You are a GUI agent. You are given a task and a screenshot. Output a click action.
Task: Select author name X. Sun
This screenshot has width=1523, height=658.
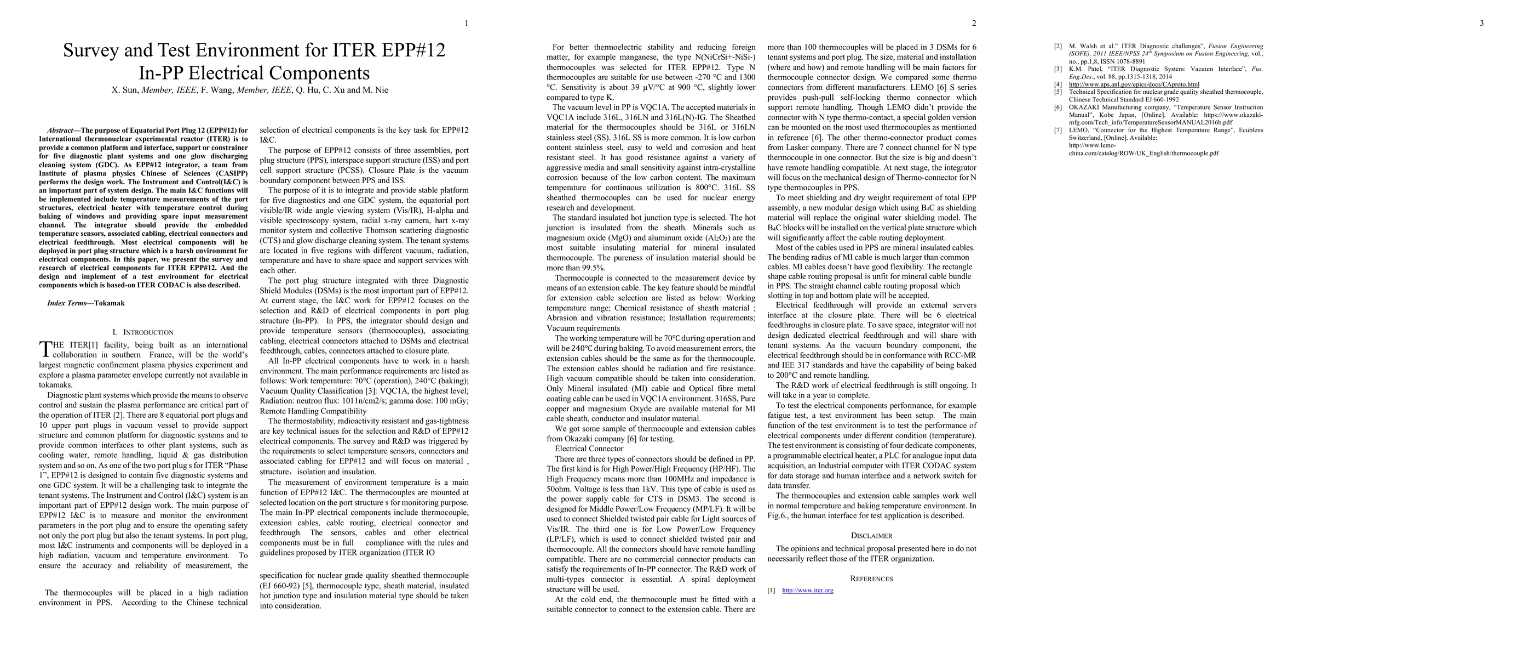124,90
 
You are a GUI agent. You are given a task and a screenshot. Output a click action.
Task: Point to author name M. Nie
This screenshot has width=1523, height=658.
376,90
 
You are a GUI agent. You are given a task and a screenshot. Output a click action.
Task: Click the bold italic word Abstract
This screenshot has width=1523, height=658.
61,130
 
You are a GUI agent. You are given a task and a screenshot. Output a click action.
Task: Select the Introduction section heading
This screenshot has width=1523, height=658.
148,332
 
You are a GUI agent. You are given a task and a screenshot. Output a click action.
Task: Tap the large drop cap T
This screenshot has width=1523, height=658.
45,349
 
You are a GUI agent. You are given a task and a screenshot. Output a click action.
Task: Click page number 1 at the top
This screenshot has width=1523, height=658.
467,24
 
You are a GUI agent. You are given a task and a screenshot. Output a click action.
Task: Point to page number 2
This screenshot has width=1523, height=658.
974,24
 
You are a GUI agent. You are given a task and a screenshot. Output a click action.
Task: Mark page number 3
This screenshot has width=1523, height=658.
1481,24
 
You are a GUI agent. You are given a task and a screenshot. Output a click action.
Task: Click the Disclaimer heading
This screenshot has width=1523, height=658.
871,536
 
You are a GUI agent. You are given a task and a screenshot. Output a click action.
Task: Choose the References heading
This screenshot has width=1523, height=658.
871,578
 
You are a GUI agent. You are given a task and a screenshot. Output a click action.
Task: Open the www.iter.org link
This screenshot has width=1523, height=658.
808,591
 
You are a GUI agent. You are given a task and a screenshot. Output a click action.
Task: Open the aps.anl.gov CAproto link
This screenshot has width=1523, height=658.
1134,84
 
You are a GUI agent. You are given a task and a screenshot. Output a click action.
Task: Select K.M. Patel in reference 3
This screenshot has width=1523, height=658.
1084,69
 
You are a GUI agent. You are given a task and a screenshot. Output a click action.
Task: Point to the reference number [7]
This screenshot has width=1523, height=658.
1058,130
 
